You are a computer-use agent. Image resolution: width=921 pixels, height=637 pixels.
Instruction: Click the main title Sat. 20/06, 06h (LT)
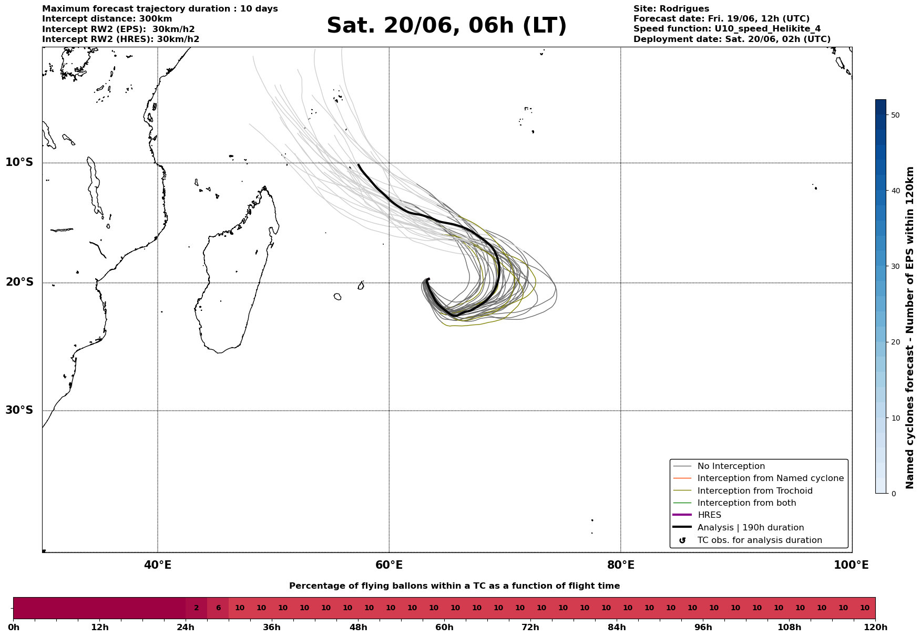pos(446,26)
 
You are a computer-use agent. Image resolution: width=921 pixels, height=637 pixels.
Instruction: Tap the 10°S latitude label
pos(19,162)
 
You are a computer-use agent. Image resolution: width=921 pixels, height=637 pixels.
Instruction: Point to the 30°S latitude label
pos(19,410)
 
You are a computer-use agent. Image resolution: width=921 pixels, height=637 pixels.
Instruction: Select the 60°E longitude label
pos(389,565)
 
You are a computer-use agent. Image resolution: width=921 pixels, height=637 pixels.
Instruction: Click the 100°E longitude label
pos(851,565)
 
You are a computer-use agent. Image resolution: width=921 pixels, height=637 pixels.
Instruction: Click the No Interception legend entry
pos(719,466)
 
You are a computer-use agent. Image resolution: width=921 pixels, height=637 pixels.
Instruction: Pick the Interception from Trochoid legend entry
pos(743,491)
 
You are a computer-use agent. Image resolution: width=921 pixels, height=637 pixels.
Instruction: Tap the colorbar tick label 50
pos(895,115)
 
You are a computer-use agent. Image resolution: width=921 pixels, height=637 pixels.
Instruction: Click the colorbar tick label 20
pos(895,342)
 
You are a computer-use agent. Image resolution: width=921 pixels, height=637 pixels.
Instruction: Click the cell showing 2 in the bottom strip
pos(197,608)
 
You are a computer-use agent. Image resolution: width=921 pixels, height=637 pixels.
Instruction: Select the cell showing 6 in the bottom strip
pos(218,608)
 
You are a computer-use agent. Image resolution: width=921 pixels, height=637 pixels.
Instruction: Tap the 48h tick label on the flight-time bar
pos(358,628)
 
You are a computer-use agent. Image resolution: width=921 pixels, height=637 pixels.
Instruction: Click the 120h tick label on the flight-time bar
pos(875,628)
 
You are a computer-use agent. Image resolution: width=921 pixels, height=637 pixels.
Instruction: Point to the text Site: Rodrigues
pos(671,9)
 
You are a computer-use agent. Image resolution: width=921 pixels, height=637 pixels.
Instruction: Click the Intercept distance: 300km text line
pos(107,19)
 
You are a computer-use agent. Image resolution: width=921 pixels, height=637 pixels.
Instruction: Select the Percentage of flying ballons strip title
pos(454,586)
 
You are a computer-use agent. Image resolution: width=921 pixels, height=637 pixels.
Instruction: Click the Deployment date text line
pos(732,39)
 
